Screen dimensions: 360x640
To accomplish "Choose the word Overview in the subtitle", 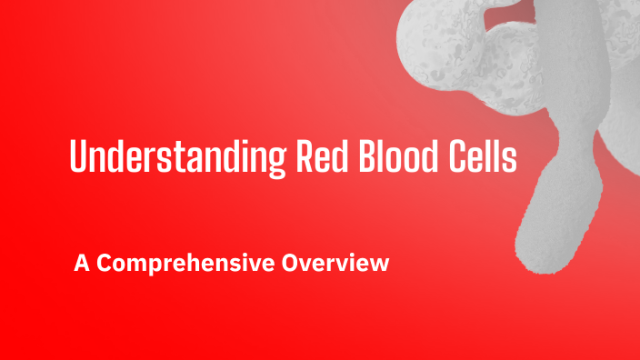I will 335,264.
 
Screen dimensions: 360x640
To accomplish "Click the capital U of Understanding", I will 78,158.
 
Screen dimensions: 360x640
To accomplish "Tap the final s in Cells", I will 510,162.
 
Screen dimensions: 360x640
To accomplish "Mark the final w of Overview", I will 380,265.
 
